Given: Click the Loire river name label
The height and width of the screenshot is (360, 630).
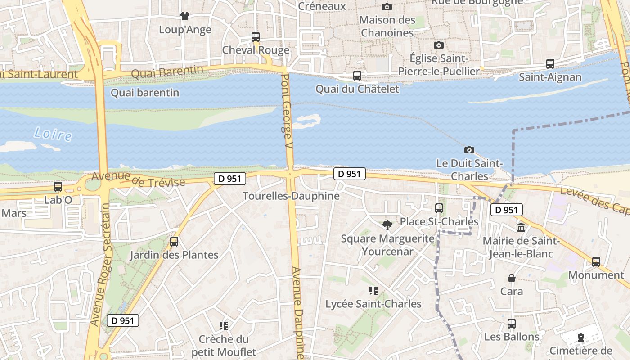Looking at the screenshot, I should coord(53,134).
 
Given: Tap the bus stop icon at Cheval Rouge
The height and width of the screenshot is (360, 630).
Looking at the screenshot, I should coord(256,37).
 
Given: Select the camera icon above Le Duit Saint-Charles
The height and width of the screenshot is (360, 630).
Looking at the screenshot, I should coord(469,150).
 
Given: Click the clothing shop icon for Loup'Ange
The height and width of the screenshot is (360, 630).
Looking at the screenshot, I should coord(184,16).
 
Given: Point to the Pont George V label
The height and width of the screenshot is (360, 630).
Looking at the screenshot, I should coord(287,112).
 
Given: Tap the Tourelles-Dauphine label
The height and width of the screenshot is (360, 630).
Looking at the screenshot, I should coord(291,196).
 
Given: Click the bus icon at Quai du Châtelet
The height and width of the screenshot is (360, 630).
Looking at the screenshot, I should coord(357,76).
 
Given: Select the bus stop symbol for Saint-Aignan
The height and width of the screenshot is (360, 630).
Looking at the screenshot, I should coord(550,64).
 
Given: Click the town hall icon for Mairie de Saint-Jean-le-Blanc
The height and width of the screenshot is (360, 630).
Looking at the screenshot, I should coord(521,228).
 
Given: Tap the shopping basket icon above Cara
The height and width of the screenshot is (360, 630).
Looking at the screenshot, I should coord(512,278).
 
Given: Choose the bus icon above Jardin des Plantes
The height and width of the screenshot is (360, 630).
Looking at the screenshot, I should coord(174,242).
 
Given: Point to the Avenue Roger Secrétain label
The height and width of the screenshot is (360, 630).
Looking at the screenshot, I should coord(100,265).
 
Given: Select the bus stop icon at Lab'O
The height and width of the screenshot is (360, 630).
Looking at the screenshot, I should coord(58,186).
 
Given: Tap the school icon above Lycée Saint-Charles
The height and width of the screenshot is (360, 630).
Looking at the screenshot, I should coord(373,291).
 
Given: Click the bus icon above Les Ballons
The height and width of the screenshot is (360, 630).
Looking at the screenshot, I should coord(512,324).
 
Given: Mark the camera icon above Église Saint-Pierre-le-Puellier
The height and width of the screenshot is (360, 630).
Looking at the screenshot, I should coord(438,45).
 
